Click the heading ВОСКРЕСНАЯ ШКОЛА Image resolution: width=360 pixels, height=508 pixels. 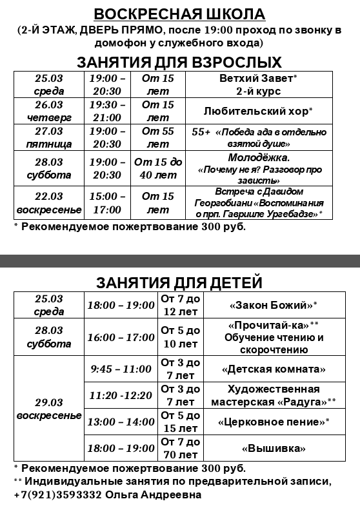tap(179, 14)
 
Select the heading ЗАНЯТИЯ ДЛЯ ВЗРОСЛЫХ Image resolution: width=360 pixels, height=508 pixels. tap(179, 62)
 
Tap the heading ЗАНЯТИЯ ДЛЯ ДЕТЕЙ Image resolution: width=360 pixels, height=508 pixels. tap(179, 282)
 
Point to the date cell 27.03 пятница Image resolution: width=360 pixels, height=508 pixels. tap(49, 137)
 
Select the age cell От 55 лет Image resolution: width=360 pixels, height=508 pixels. tap(158, 137)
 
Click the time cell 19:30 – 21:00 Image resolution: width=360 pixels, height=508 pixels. tap(107, 111)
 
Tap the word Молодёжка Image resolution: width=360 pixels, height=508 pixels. tap(259, 157)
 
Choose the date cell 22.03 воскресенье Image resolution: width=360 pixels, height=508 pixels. tap(49, 202)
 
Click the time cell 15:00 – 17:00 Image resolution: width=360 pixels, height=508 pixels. tap(107, 202)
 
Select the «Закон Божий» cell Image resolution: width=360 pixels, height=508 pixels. tap(274, 304)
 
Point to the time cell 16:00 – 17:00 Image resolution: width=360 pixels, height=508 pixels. tap(121, 337)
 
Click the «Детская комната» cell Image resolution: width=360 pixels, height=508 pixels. tap(274, 369)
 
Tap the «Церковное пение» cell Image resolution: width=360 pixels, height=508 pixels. tap(274, 422)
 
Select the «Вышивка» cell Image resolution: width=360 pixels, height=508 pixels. tap(274, 448)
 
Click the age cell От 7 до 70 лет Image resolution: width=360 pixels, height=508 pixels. tap(181, 448)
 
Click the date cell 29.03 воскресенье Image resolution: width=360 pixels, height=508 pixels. tap(49, 408)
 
